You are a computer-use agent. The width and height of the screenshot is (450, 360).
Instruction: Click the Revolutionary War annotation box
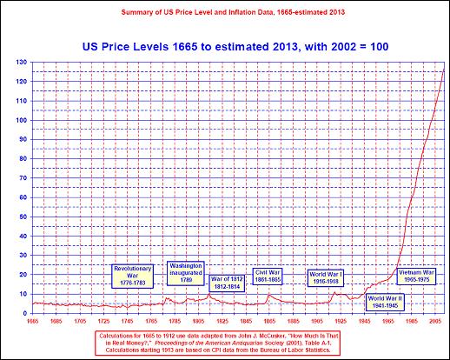(x=134, y=275)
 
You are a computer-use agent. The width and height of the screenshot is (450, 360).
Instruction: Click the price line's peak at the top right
(x=444, y=70)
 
